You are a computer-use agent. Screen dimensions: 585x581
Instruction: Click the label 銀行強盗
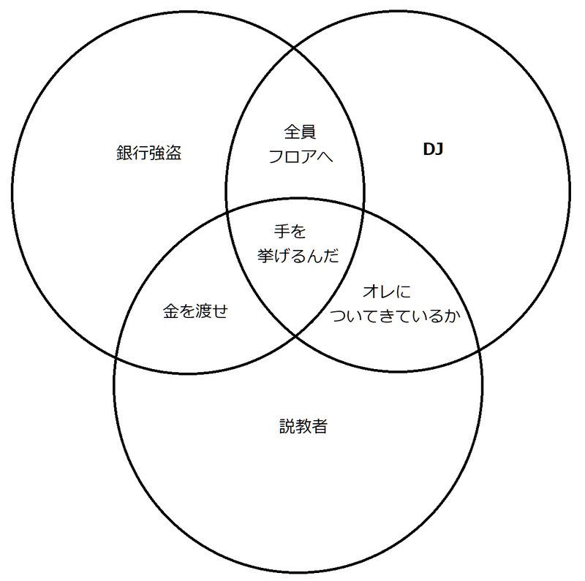point(148,153)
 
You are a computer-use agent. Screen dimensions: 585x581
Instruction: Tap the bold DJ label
point(435,151)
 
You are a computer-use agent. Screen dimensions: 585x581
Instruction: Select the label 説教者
point(303,426)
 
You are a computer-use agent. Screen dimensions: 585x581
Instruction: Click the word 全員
point(299,133)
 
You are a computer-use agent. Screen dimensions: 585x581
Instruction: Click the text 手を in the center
point(290,232)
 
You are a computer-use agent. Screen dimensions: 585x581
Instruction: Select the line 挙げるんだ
point(298,256)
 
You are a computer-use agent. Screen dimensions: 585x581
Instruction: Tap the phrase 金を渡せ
point(195,311)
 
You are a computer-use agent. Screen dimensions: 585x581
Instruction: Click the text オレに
point(387,292)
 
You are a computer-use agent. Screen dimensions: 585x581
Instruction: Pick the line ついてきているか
point(398,316)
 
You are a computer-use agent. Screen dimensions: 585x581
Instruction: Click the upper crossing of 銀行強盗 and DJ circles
point(295,48)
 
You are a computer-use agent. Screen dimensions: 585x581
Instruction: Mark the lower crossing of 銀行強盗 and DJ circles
point(295,335)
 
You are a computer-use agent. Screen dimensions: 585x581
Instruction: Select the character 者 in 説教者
point(319,426)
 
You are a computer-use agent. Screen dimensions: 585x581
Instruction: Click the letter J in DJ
point(440,151)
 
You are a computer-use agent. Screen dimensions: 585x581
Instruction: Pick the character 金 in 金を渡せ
point(170,311)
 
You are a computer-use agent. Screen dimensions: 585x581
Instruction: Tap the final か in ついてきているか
point(457,316)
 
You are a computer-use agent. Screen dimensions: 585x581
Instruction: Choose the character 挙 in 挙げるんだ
point(265,256)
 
